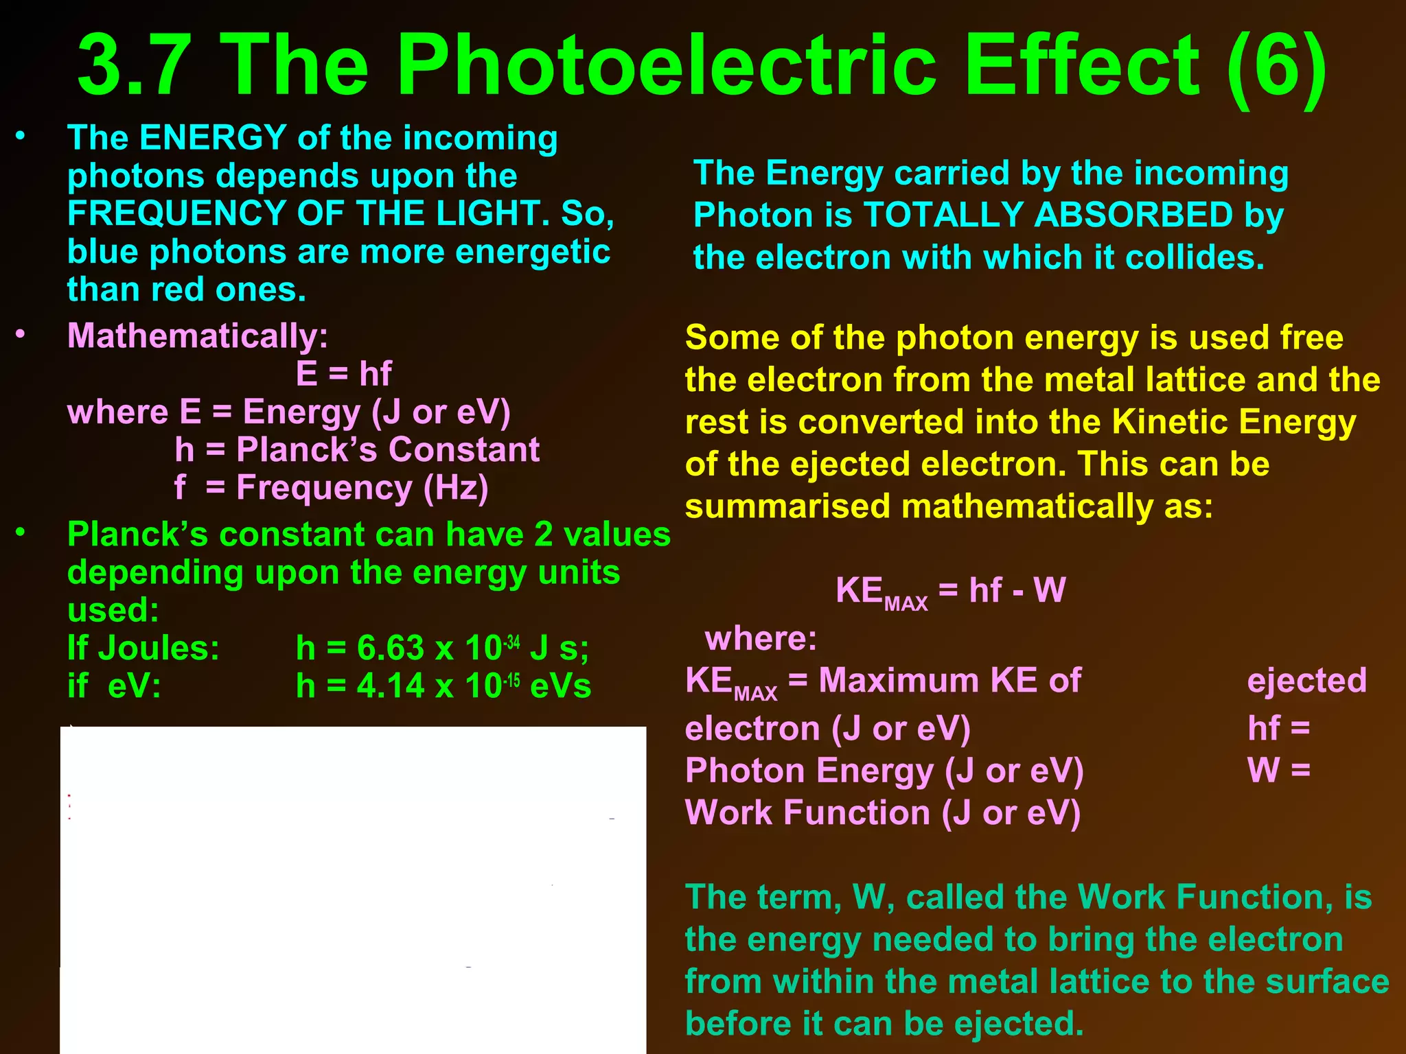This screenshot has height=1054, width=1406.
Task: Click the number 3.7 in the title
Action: point(134,67)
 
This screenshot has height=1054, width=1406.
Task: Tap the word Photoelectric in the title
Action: point(667,67)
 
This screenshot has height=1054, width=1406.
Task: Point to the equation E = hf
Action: point(343,374)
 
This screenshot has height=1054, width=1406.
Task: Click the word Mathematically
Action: point(196,336)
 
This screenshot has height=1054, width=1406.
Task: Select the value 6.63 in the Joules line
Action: point(391,648)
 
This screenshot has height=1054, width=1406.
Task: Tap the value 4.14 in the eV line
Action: point(391,686)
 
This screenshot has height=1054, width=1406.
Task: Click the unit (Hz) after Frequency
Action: point(456,488)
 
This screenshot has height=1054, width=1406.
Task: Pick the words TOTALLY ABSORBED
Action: point(1048,215)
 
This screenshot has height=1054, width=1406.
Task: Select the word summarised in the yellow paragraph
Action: point(787,507)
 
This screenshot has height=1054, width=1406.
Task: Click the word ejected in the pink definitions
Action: point(1306,681)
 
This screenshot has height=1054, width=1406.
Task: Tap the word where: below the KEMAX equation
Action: point(761,639)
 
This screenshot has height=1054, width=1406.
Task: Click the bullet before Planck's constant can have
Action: point(21,532)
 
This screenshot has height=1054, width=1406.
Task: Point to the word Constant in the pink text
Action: point(463,450)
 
